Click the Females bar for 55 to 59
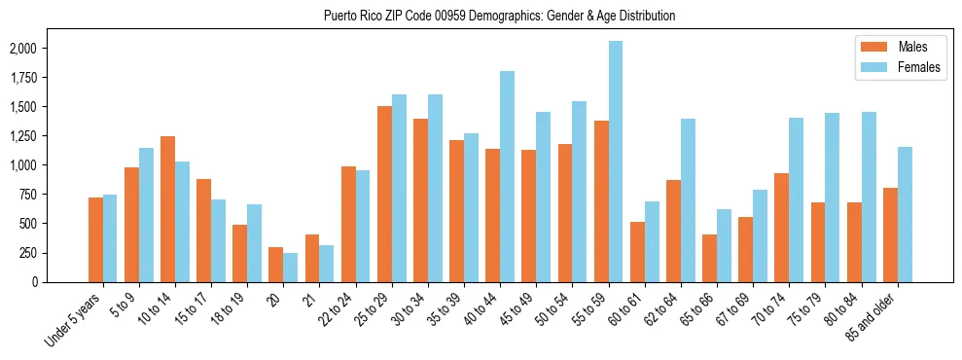[616, 162]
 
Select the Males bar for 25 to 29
[384, 194]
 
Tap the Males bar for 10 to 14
[167, 209]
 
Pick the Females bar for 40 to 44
[507, 176]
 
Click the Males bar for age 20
[276, 265]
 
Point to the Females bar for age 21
[327, 264]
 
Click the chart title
[499, 16]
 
